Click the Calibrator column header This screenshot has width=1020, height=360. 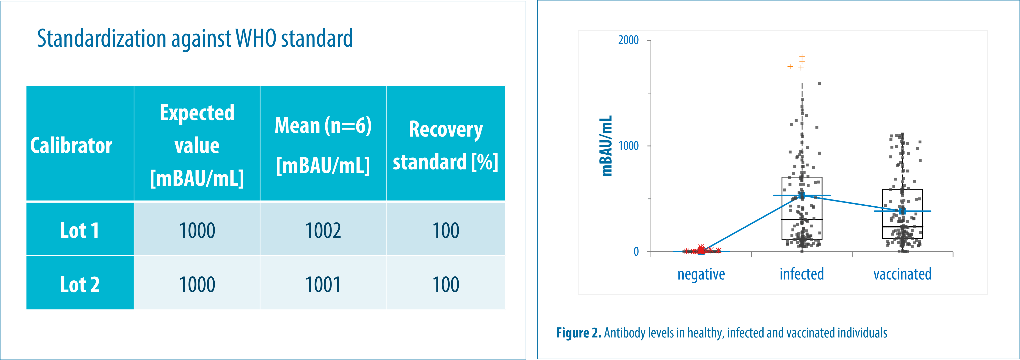pyautogui.click(x=71, y=145)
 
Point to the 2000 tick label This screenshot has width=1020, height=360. pyautogui.click(x=628, y=40)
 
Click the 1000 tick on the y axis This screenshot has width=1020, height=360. pyautogui.click(x=628, y=146)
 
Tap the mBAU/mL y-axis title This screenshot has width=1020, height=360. pyautogui.click(x=606, y=146)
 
